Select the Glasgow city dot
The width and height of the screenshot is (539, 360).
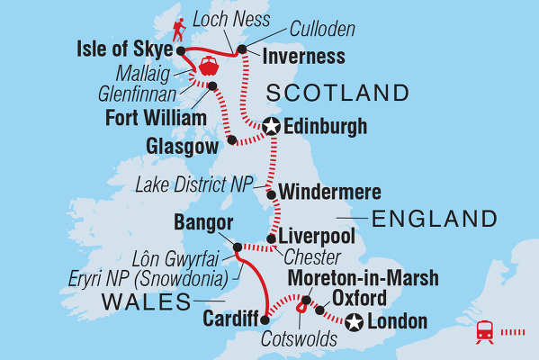(x=231, y=140)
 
